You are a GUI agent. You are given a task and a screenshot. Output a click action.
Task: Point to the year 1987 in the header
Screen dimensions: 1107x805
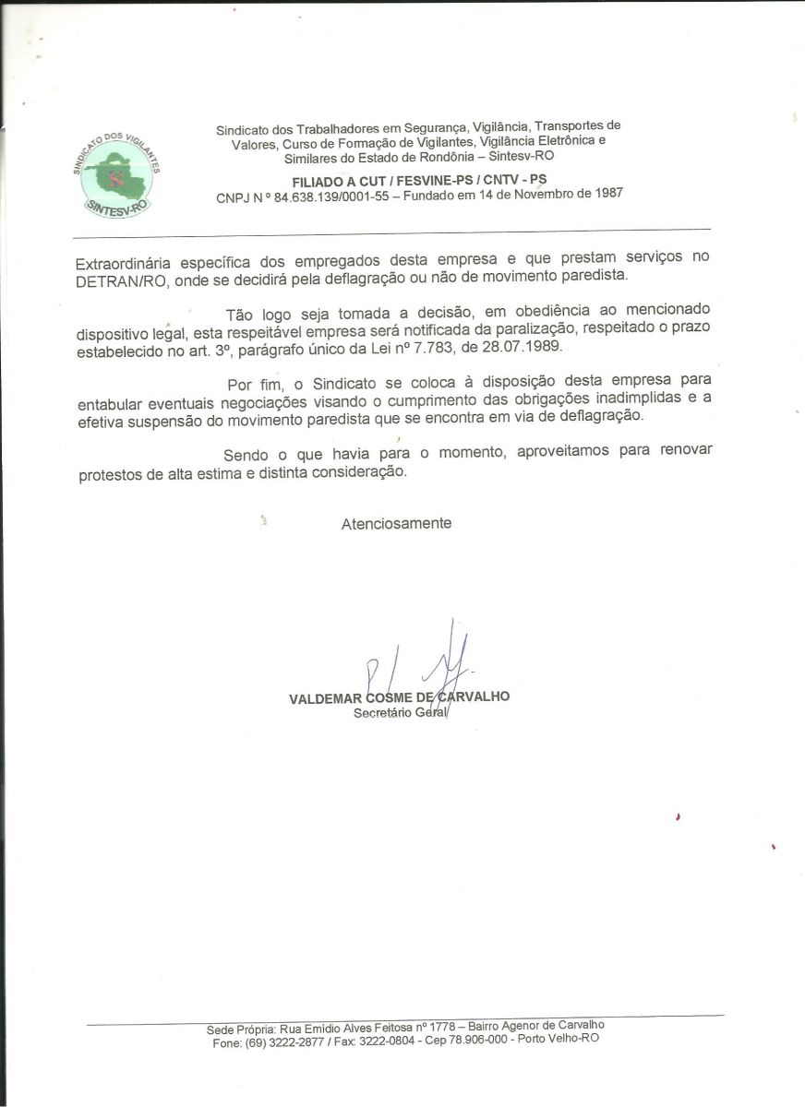pos(605,193)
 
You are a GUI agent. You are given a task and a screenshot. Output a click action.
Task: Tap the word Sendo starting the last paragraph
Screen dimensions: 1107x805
pos(246,455)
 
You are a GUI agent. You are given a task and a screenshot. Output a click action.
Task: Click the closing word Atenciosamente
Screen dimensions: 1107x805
pos(396,523)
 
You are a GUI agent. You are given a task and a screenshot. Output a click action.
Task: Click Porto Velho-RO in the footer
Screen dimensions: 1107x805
pos(562,1039)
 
